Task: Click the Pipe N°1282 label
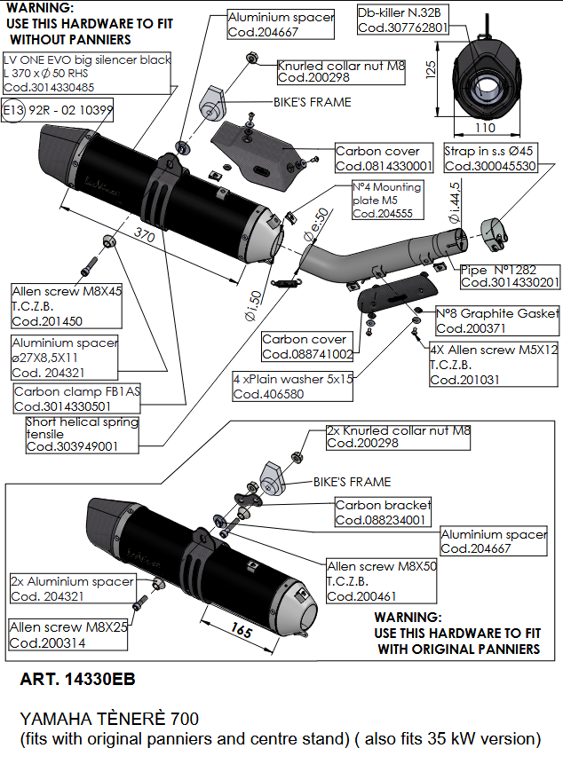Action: (x=511, y=275)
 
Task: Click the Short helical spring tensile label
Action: (x=82, y=434)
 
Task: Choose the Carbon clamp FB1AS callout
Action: (x=70, y=398)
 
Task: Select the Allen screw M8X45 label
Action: (x=67, y=305)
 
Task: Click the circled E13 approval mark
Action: (x=14, y=111)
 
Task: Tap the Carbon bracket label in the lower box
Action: (x=382, y=512)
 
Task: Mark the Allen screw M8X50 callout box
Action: (x=382, y=581)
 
